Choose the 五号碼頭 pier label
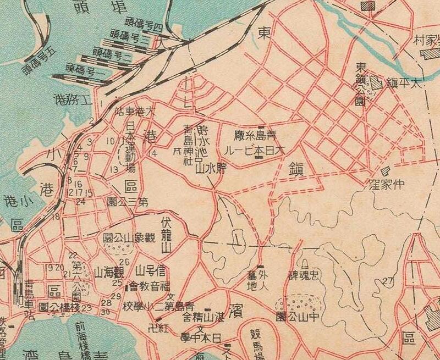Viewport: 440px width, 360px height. (x=41, y=63)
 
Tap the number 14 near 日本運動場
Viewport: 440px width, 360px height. (x=153, y=153)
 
